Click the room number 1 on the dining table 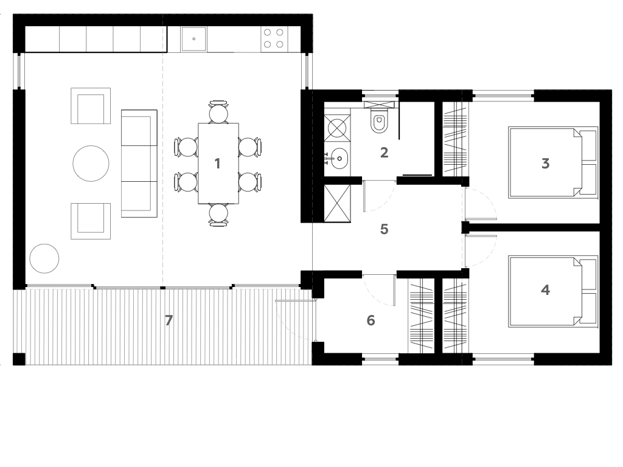pyautogui.click(x=217, y=163)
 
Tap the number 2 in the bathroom pyautogui.click(x=384, y=152)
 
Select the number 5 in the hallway pyautogui.click(x=383, y=229)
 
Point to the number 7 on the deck pyautogui.click(x=169, y=320)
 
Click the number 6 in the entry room pyautogui.click(x=371, y=320)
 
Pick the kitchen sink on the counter pyautogui.click(x=194, y=38)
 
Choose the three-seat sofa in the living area pyautogui.click(x=139, y=163)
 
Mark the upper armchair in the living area pyautogui.click(x=91, y=106)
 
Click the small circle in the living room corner pyautogui.click(x=44, y=258)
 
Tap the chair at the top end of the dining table pyautogui.click(x=218, y=112)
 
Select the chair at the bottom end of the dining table pyautogui.click(x=218, y=214)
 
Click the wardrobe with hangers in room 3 pyautogui.click(x=454, y=139)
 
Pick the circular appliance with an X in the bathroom pyautogui.click(x=337, y=128)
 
